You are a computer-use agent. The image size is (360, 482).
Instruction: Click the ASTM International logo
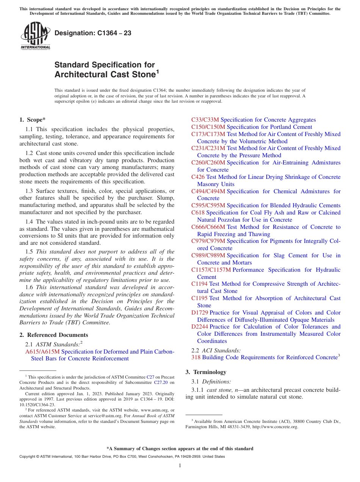35,36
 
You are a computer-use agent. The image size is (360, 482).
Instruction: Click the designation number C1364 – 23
93,33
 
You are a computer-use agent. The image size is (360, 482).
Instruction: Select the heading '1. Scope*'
32,120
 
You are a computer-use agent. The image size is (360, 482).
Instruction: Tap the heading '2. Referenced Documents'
53,335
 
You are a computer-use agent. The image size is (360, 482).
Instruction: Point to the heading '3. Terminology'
206,372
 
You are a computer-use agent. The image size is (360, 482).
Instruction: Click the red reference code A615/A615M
42,352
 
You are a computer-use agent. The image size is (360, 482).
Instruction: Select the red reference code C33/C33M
205,120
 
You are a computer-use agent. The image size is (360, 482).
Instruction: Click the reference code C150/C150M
208,127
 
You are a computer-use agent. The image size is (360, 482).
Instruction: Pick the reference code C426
198,177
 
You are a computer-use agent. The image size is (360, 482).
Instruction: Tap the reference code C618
198,213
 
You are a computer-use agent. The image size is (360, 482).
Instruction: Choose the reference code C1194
199,284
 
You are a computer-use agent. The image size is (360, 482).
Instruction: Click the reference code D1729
199,313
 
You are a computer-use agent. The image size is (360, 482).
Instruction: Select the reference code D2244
199,327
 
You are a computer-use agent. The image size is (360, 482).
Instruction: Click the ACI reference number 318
196,357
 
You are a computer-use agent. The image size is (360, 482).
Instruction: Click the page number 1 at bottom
180,465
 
